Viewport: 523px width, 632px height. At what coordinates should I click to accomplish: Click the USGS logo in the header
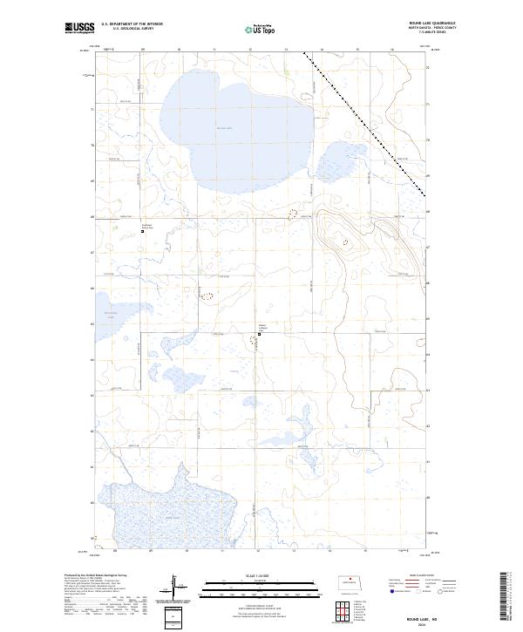click(79, 28)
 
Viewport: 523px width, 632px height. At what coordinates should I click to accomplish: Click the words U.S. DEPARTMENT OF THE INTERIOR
click(132, 24)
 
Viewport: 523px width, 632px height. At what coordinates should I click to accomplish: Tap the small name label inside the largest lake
click(225, 128)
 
